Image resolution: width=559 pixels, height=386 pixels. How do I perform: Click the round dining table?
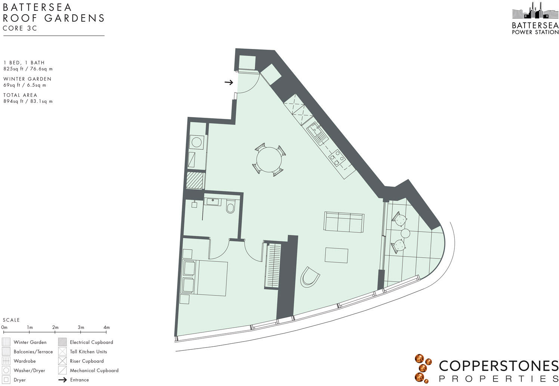point(269,160)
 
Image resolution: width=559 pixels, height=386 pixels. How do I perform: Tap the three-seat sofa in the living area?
point(344,222)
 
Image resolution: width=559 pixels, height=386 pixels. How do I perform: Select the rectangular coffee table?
point(336,255)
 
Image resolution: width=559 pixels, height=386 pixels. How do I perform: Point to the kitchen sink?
point(318,134)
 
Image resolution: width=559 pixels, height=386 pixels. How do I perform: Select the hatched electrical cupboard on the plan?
point(195,180)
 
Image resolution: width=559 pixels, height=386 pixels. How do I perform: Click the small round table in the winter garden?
point(405,234)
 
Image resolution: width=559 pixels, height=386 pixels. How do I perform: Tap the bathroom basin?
point(213,202)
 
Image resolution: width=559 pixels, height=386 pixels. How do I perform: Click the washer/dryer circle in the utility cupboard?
point(197,142)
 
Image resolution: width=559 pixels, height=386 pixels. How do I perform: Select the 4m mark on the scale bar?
point(106,328)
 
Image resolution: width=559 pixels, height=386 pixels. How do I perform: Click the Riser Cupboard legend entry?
point(87,361)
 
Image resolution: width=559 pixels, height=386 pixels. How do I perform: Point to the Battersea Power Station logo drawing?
point(535,11)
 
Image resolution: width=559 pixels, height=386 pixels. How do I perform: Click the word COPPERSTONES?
point(498,366)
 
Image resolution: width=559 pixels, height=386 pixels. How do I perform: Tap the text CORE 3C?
point(20,28)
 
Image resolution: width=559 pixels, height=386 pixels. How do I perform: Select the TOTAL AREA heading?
point(20,95)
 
